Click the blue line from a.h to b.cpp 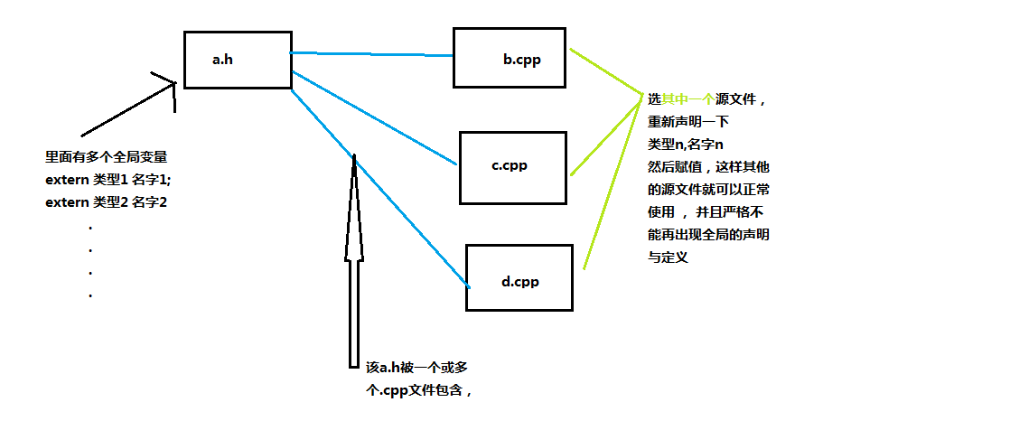click(x=371, y=54)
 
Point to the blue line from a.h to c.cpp click(x=374, y=117)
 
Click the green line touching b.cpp click(x=607, y=71)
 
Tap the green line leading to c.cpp click(x=607, y=136)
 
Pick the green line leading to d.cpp click(x=613, y=182)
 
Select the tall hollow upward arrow click(x=353, y=261)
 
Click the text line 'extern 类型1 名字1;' click(x=108, y=179)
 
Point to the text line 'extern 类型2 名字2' click(x=107, y=202)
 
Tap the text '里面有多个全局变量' click(x=107, y=156)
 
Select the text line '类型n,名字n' click(x=686, y=145)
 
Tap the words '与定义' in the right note click(x=668, y=257)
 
